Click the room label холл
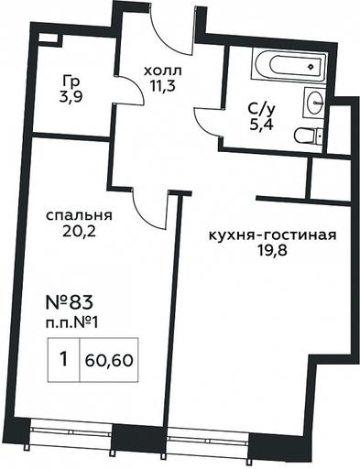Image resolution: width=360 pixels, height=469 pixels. [162, 71]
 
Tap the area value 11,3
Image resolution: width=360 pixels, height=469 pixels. [162, 86]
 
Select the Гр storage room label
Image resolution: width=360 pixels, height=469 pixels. [71, 82]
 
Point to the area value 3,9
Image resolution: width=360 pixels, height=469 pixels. [71, 98]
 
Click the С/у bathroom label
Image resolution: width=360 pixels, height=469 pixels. [262, 109]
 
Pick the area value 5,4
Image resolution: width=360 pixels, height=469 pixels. [261, 125]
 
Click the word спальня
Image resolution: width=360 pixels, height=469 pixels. [79, 215]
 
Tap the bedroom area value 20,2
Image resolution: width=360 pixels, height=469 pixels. [79, 232]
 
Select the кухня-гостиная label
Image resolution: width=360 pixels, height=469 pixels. [272, 235]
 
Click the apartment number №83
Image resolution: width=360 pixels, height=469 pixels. [69, 302]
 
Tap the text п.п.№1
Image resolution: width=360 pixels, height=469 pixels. [72, 323]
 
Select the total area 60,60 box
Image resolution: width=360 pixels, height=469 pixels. [109, 360]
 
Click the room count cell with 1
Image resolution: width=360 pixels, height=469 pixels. [64, 360]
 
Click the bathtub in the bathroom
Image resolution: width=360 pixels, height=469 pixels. [289, 66]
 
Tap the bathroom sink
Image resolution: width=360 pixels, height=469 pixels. [314, 103]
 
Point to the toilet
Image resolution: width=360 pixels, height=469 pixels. [308, 136]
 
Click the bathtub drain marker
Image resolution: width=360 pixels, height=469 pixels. [311, 67]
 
